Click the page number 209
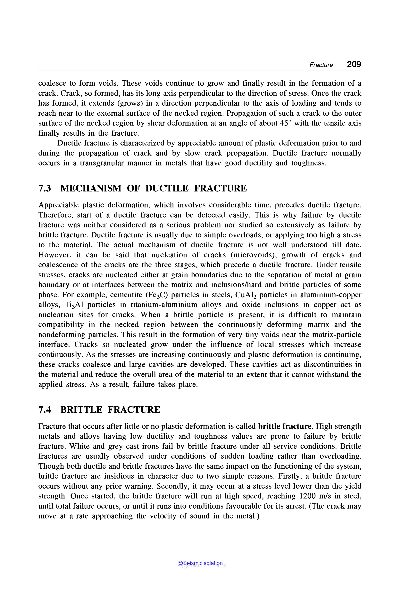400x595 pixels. (354, 64)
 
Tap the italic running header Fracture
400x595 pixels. (321, 65)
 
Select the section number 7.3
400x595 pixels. (45, 188)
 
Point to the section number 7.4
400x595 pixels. (45, 410)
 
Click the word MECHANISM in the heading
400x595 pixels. (91, 188)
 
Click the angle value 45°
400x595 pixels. (286, 123)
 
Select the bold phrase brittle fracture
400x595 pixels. (285, 426)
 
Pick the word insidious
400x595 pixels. (124, 476)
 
